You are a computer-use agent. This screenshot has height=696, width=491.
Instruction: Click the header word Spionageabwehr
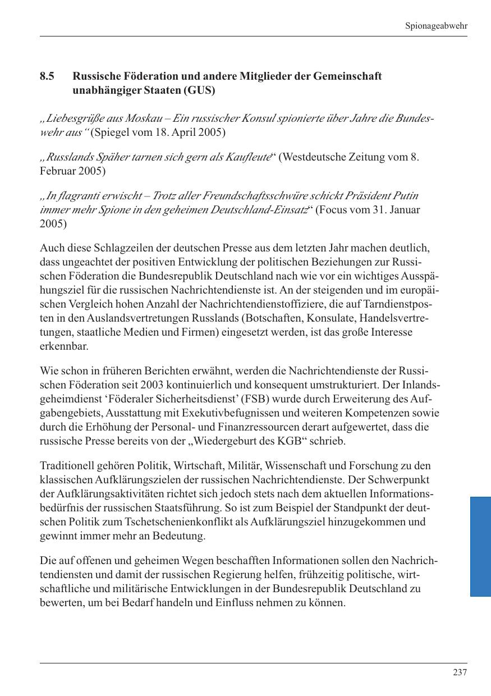point(436,26)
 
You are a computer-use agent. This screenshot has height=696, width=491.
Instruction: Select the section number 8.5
point(47,76)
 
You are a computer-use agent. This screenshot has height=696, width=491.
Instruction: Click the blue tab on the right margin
point(480,546)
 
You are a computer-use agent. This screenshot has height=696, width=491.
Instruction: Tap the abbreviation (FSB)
point(261,399)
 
